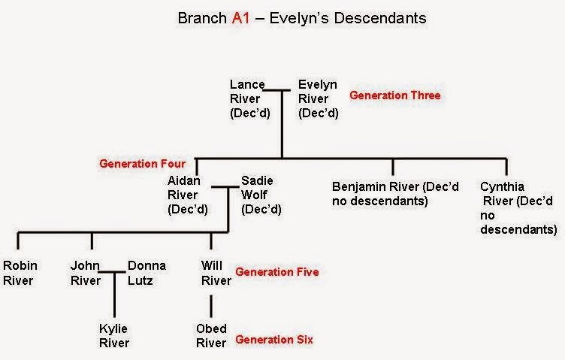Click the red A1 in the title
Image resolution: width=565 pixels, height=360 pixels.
pyautogui.click(x=240, y=18)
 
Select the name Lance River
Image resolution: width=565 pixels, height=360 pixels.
pyautogui.click(x=247, y=92)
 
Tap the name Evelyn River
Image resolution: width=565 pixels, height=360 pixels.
pyautogui.click(x=318, y=92)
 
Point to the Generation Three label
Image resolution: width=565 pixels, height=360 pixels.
pyautogui.click(x=395, y=95)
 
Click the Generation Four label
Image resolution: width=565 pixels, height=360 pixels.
pyautogui.click(x=142, y=164)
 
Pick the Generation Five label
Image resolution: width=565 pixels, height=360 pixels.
pyautogui.click(x=277, y=272)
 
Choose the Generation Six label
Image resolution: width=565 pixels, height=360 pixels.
pyautogui.click(x=274, y=340)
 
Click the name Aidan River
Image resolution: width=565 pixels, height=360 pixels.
pyautogui.click(x=184, y=188)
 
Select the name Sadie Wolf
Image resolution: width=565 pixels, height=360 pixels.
pyautogui.click(x=257, y=188)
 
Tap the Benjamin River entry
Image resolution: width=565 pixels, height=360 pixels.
pyautogui.click(x=395, y=194)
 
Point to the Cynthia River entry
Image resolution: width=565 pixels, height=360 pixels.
pyautogui.click(x=518, y=208)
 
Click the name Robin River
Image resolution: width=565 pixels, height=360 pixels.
pyautogui.click(x=20, y=273)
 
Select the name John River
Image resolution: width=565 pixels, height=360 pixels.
pyautogui.click(x=86, y=273)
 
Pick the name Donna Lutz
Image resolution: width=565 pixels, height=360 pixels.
pyautogui.click(x=147, y=273)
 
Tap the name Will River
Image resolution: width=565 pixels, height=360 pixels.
pyautogui.click(x=216, y=273)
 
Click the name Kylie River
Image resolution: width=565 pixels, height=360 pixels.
pyautogui.click(x=114, y=336)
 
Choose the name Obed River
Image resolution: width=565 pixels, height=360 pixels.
pyautogui.click(x=211, y=336)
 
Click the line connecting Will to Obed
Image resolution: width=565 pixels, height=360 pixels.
pyautogui.click(x=211, y=307)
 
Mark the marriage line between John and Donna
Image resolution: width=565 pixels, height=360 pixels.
pyautogui.click(x=112, y=272)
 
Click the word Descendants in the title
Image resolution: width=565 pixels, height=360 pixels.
pyautogui.click(x=380, y=18)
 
